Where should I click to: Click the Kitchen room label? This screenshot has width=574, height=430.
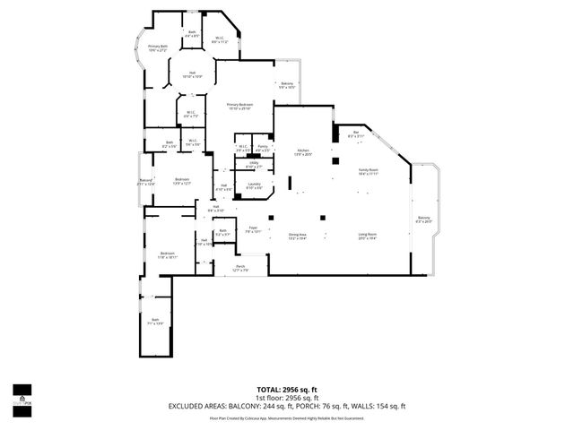(303, 151)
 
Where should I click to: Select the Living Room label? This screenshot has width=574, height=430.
(367, 235)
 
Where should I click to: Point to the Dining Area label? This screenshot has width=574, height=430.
(298, 235)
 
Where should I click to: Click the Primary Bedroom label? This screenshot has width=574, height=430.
(239, 105)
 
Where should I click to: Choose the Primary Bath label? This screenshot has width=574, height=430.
(158, 47)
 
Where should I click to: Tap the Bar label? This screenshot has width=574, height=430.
(355, 133)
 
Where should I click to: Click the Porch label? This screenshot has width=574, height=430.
(240, 266)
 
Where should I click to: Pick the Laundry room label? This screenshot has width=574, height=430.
(254, 185)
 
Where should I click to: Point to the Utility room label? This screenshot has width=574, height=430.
(254, 163)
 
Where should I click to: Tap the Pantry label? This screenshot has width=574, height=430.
(263, 146)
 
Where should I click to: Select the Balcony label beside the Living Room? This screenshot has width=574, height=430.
(424, 218)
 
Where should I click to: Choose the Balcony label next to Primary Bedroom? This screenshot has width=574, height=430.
(286, 83)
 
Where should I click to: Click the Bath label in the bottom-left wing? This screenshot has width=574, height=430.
(155, 320)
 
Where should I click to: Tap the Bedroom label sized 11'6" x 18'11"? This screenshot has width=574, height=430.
(167, 254)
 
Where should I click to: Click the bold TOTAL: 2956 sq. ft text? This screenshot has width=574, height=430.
(287, 391)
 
